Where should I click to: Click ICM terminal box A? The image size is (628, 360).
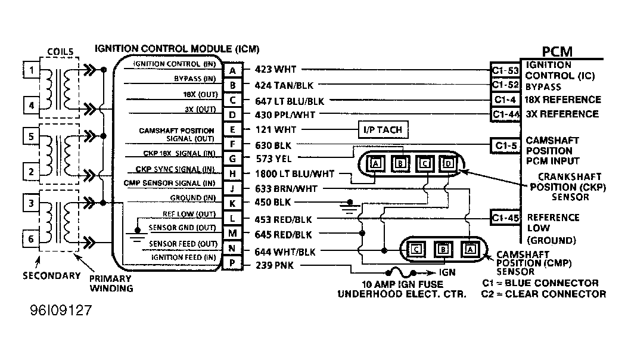[x=232, y=70]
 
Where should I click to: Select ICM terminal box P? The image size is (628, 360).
[x=232, y=263]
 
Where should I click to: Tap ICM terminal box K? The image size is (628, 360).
[x=232, y=203]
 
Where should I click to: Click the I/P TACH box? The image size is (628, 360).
[x=383, y=130]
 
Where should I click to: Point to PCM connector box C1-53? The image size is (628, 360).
[x=505, y=70]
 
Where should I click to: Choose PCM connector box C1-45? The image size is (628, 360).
[x=506, y=218]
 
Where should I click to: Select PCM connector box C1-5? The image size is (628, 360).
[x=506, y=145]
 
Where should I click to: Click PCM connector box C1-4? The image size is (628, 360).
[x=505, y=100]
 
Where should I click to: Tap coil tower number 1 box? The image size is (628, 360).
[x=31, y=70]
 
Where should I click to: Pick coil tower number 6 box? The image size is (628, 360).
[x=31, y=239]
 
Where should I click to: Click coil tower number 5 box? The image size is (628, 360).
[x=31, y=136]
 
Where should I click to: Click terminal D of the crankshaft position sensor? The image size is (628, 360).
[x=448, y=163]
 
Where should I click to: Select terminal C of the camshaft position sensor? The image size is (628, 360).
[x=416, y=250]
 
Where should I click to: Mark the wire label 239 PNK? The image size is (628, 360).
[x=275, y=265]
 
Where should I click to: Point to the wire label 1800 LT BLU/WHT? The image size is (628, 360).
[x=295, y=174]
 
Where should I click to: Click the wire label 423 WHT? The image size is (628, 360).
[x=275, y=69]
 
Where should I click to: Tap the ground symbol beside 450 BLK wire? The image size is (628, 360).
[x=350, y=207]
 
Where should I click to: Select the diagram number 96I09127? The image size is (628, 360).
[x=61, y=311]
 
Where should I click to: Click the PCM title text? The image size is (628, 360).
[x=557, y=52]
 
